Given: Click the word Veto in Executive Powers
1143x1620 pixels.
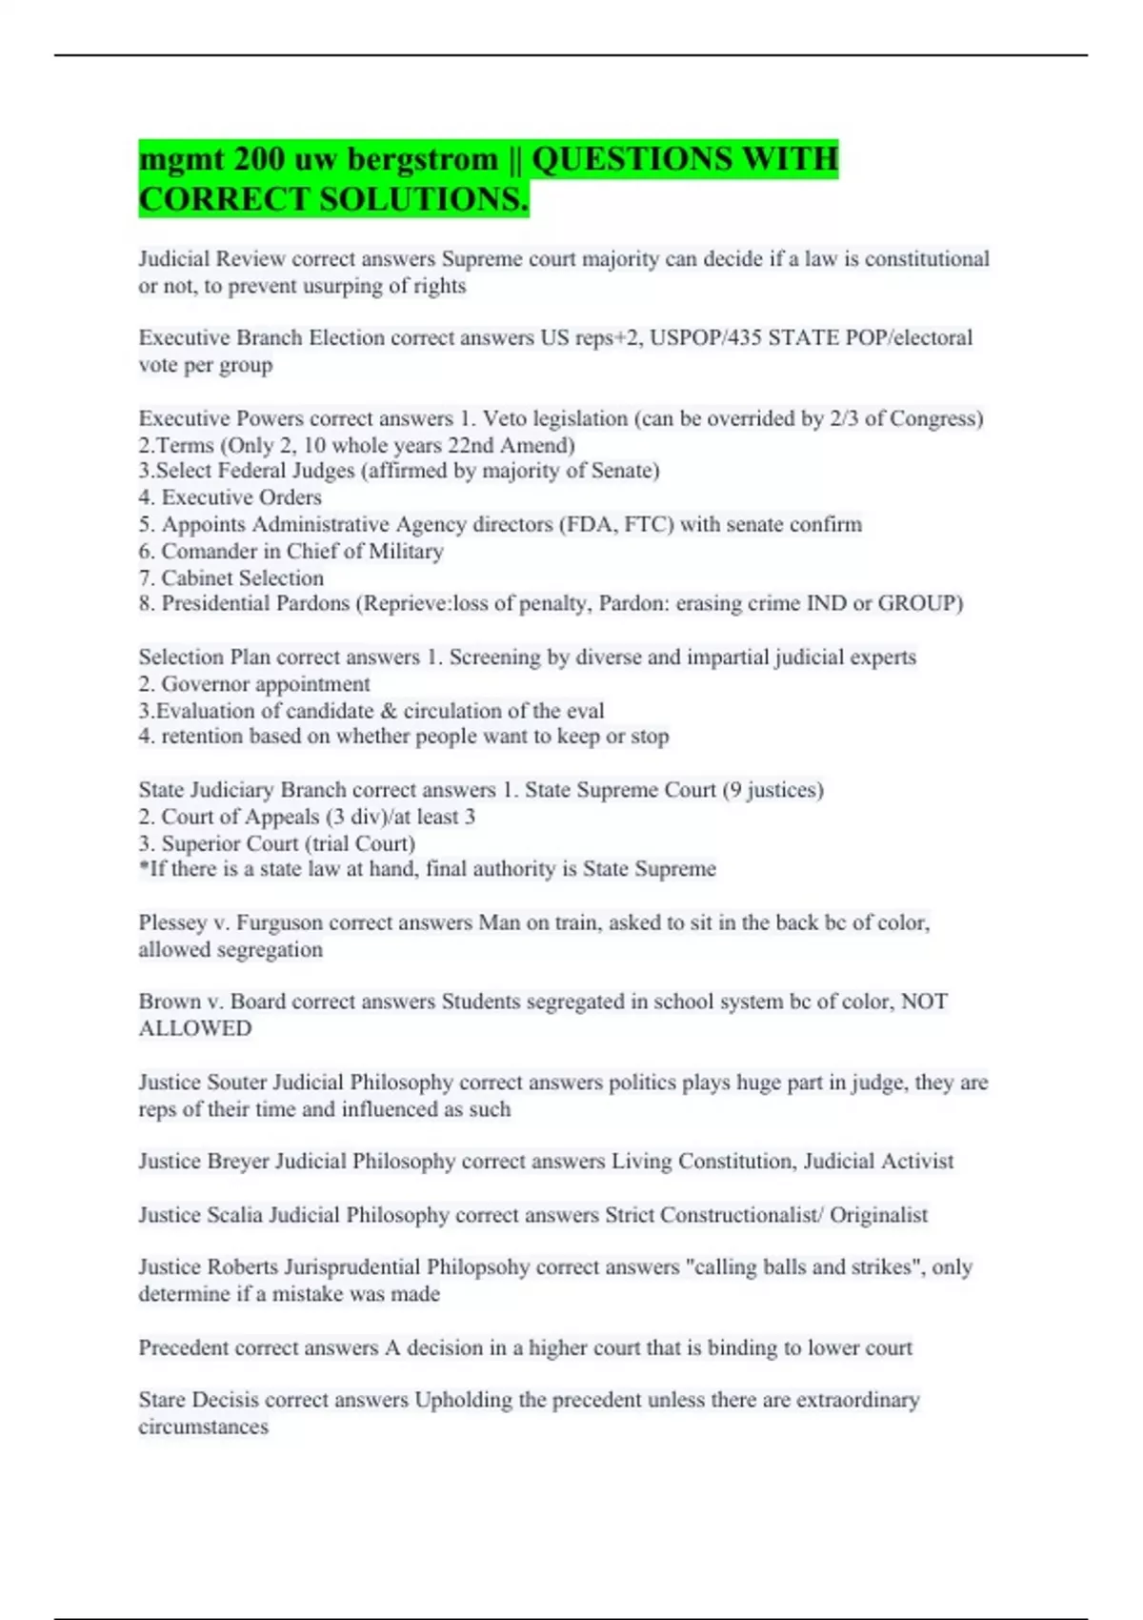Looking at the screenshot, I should [505, 418].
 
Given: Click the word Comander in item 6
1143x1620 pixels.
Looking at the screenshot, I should [207, 551].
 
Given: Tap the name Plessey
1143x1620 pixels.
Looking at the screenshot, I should [172, 922].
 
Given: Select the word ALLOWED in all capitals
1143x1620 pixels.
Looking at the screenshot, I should [195, 1028].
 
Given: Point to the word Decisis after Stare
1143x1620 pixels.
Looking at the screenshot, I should [225, 1400].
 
